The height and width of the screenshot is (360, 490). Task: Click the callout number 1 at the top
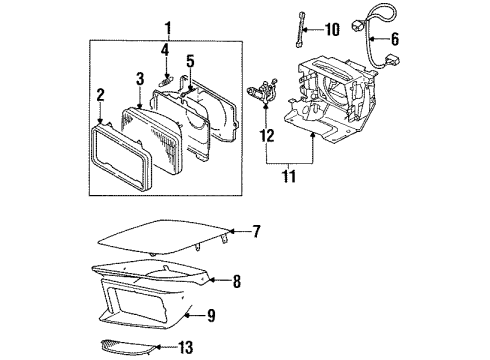tap(169, 27)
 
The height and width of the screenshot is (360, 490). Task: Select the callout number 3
tap(140, 78)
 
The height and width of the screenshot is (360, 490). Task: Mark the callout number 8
tap(236, 283)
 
